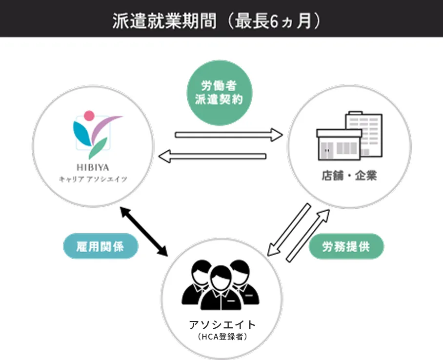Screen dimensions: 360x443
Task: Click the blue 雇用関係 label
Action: coord(101,247)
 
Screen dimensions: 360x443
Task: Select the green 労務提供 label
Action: coord(346,247)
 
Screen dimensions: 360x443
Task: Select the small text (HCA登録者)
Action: coord(221,337)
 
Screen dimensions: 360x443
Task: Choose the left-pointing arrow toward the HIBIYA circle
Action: coord(213,157)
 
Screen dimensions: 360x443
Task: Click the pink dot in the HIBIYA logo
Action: coord(89,116)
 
